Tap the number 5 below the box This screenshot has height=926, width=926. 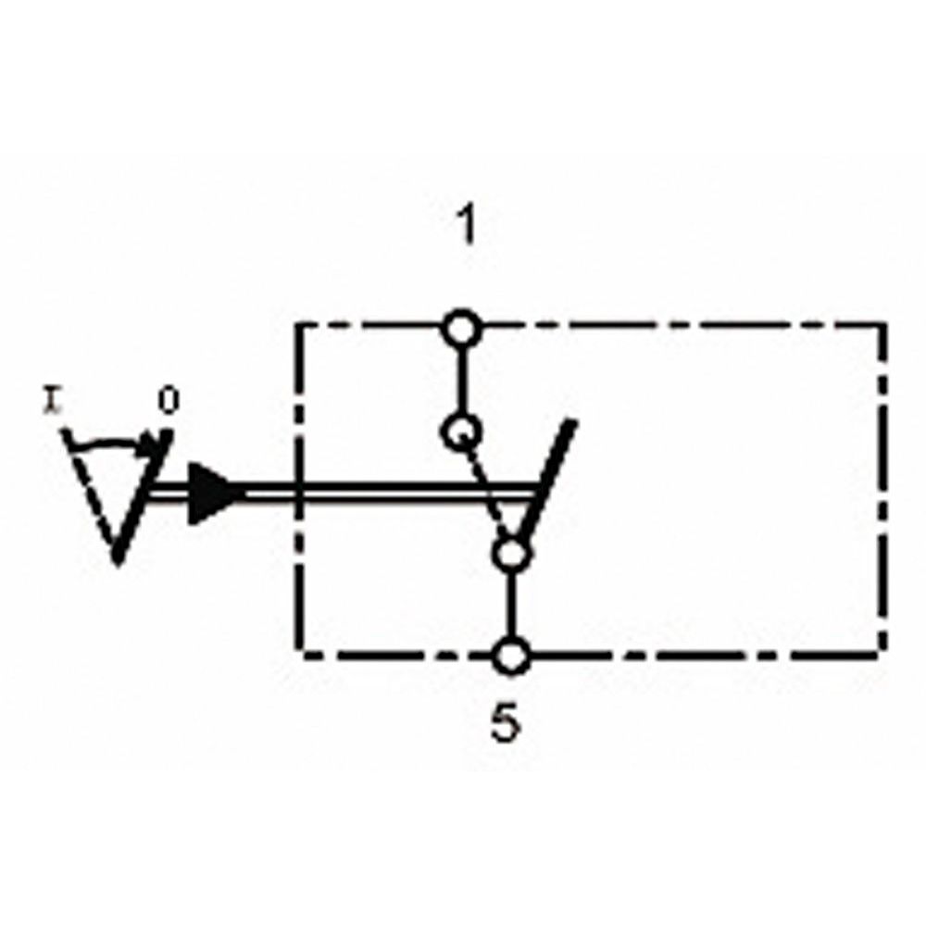[x=506, y=725]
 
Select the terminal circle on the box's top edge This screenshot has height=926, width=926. [x=461, y=329]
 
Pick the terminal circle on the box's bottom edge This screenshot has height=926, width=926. [x=511, y=657]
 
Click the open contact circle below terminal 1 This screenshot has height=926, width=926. [x=461, y=432]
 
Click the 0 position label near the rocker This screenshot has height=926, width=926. [x=167, y=402]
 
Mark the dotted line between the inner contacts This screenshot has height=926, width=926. [x=485, y=492]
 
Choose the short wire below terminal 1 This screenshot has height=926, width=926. [x=461, y=380]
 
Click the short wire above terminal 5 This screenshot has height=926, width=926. [x=511, y=606]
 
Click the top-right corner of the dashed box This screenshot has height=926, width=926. [x=884, y=326]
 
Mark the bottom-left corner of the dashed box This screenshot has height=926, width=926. [x=301, y=654]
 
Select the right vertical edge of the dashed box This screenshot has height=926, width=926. [x=884, y=491]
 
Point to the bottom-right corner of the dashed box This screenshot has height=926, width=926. [x=884, y=654]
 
